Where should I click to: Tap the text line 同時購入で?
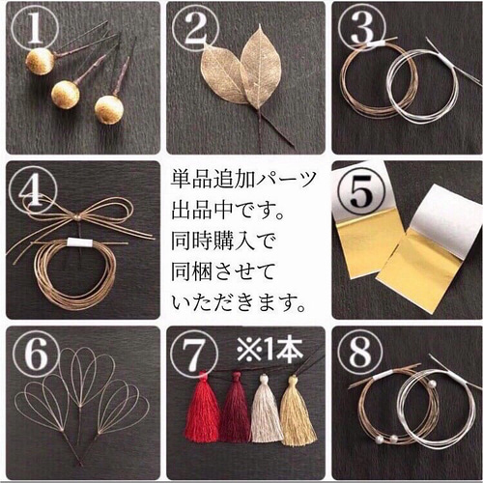click(x=214, y=240)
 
